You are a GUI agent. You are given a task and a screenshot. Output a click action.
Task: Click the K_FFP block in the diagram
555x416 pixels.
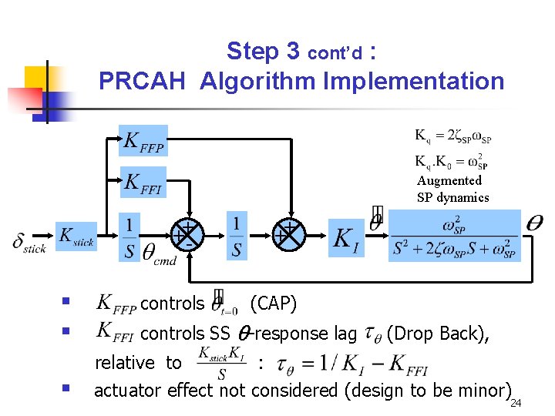click(x=143, y=141)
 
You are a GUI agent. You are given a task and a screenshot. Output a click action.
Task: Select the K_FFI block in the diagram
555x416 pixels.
click(x=143, y=183)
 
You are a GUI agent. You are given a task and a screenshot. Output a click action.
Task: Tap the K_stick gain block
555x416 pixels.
click(x=76, y=237)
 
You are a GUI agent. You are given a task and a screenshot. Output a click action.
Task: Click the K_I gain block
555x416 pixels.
click(x=345, y=238)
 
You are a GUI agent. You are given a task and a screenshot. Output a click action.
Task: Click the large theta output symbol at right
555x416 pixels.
click(x=533, y=222)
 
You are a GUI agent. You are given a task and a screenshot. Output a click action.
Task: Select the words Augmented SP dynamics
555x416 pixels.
click(x=452, y=189)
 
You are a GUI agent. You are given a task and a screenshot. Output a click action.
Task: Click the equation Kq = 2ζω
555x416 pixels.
click(x=452, y=137)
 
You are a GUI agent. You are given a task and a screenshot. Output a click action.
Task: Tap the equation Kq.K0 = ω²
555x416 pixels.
click(x=452, y=161)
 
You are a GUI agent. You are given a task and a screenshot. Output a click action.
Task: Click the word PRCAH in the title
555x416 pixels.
click(x=142, y=80)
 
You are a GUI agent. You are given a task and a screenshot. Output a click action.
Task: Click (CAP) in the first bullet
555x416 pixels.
click(x=274, y=304)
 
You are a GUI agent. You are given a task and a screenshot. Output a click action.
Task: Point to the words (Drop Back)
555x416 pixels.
click(x=436, y=334)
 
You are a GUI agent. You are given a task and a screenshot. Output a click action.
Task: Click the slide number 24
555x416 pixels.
click(x=516, y=403)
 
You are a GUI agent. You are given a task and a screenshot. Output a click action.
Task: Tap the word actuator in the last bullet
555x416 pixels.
click(x=128, y=390)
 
